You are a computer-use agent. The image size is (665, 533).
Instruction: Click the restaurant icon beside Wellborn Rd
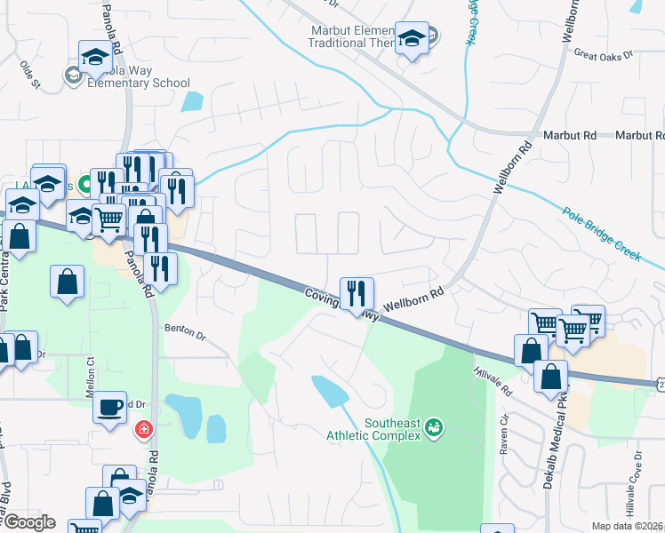pyautogui.click(x=357, y=292)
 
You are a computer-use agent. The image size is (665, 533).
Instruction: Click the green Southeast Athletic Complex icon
pyautogui.click(x=434, y=428)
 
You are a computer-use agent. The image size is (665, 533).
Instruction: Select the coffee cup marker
pyautogui.click(x=110, y=407)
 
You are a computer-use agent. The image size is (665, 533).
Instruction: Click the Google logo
pyautogui.click(x=28, y=522)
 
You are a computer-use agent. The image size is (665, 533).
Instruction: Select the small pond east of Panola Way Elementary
pyautogui.click(x=192, y=101)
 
